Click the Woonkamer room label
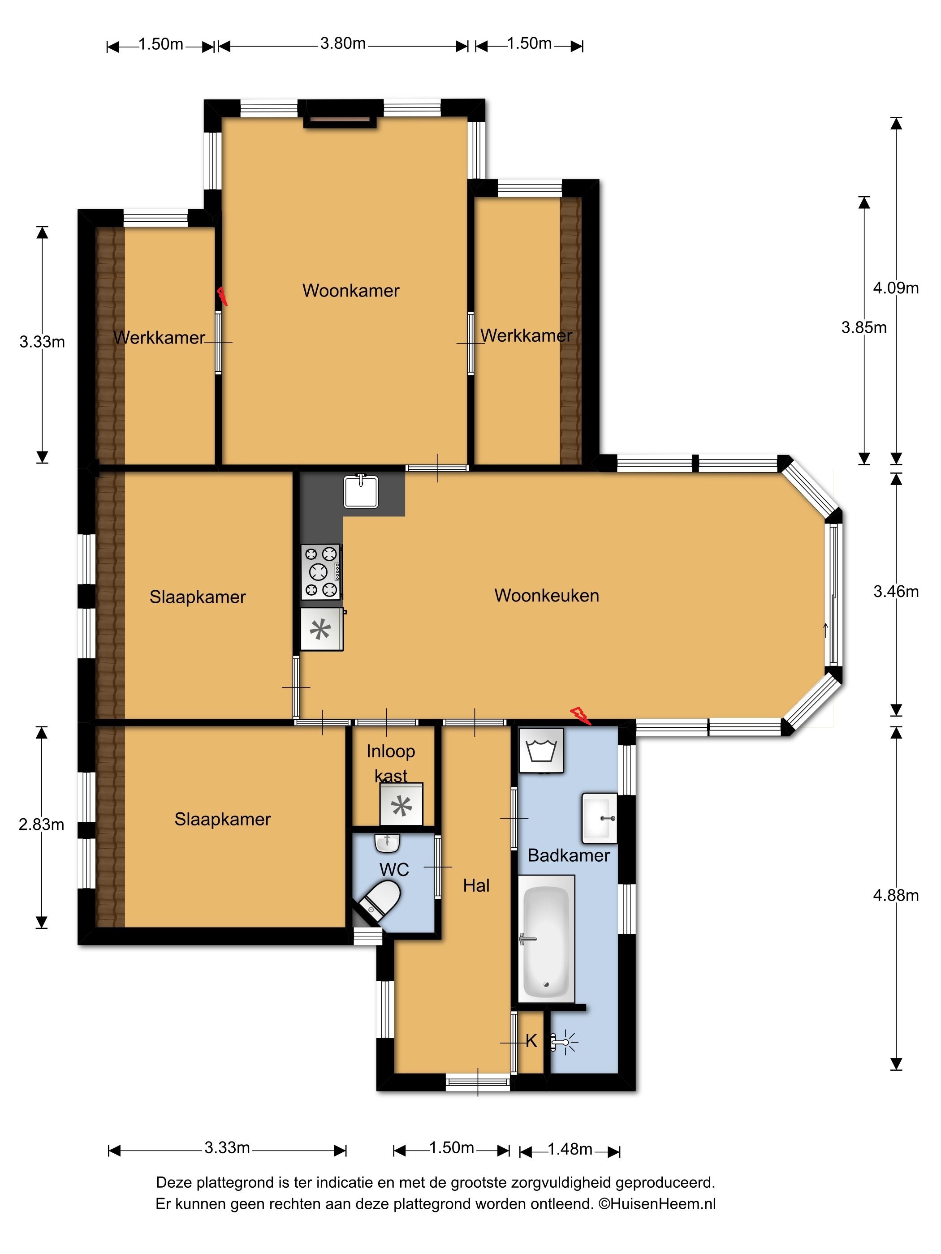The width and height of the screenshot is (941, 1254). pyautogui.click(x=350, y=291)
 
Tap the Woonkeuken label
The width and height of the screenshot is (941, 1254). pyautogui.click(x=546, y=595)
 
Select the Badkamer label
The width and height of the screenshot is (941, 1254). pyautogui.click(x=568, y=855)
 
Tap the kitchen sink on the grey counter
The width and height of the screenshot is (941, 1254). pyautogui.click(x=361, y=491)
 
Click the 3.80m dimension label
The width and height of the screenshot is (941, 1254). pyautogui.click(x=343, y=43)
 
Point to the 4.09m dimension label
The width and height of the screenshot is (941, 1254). pyautogui.click(x=896, y=288)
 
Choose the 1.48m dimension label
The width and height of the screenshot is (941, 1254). pyautogui.click(x=570, y=1149)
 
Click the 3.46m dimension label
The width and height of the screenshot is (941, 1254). pyautogui.click(x=896, y=591)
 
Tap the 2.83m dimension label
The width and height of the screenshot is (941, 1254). pyautogui.click(x=41, y=825)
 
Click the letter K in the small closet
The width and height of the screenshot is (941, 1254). pyautogui.click(x=531, y=1041)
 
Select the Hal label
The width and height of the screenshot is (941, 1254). pyautogui.click(x=476, y=885)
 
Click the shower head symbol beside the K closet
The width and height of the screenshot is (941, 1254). pyautogui.click(x=564, y=1042)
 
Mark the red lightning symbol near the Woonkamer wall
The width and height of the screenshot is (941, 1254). pyautogui.click(x=222, y=296)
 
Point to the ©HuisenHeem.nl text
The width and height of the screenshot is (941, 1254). pyautogui.click(x=657, y=1203)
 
